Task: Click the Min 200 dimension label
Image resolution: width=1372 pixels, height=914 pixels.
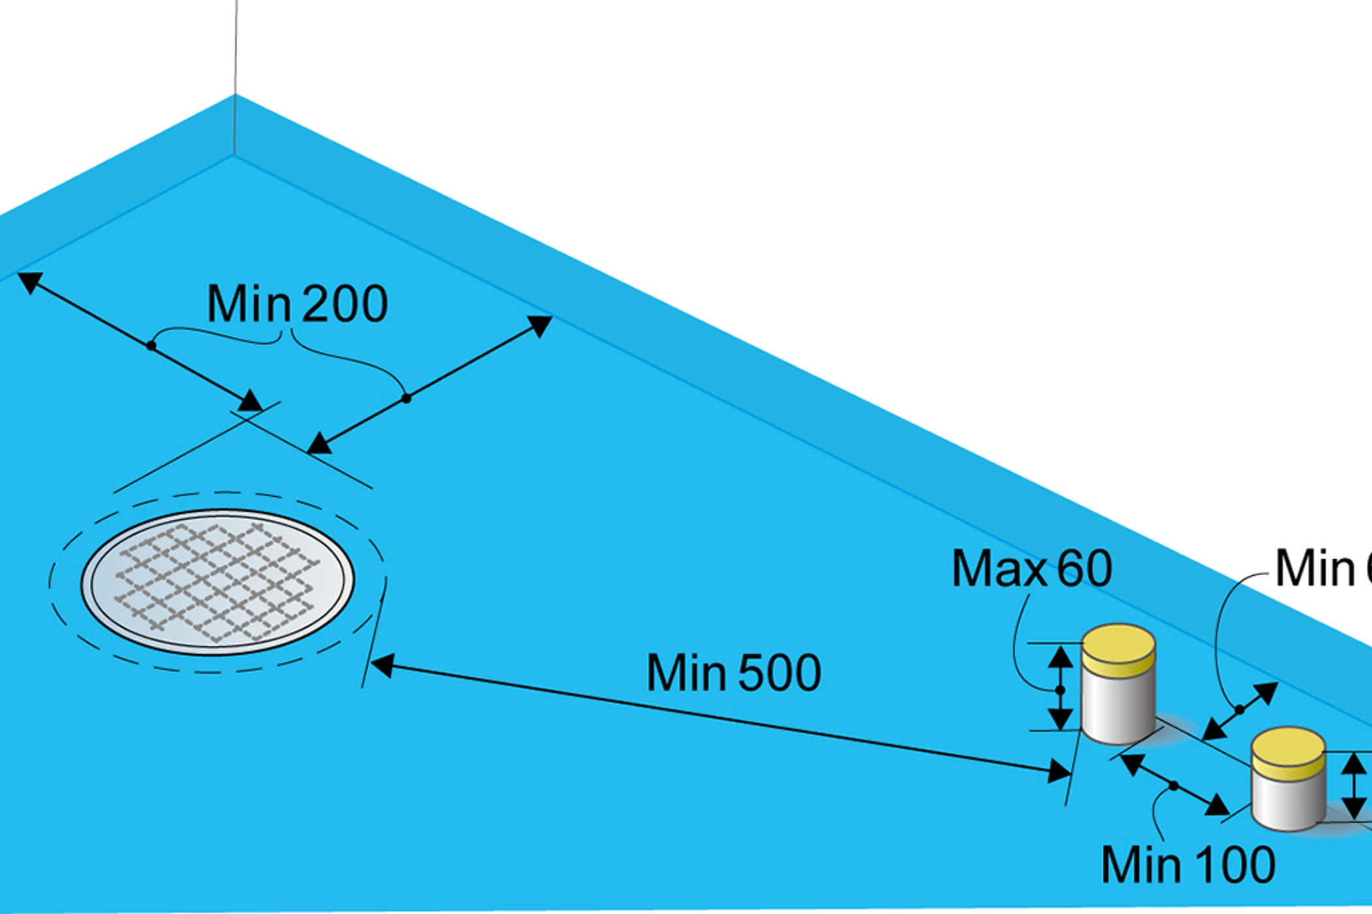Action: (x=297, y=304)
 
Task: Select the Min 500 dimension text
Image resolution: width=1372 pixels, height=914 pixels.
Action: (x=733, y=673)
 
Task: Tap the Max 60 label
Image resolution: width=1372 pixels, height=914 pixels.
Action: (x=1031, y=569)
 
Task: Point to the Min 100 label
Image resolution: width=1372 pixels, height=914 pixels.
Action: (x=1188, y=865)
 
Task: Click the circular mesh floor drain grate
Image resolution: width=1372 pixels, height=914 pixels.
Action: (x=218, y=581)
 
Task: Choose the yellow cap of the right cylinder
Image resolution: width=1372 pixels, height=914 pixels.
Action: (x=1288, y=751)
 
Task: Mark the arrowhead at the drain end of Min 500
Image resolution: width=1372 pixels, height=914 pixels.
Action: (x=382, y=665)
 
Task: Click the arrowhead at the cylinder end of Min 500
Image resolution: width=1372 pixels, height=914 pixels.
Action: (x=1058, y=773)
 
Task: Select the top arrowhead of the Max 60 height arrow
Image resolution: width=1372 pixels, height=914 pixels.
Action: (x=1060, y=655)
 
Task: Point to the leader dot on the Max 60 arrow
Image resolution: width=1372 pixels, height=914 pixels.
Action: (x=1060, y=690)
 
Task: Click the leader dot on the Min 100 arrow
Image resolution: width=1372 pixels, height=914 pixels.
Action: (x=1173, y=786)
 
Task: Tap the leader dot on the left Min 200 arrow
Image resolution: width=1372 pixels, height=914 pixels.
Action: (x=151, y=345)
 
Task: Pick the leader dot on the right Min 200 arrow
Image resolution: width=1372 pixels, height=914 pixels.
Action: (x=406, y=398)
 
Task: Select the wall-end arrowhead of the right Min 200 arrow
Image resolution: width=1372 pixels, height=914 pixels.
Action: (x=541, y=324)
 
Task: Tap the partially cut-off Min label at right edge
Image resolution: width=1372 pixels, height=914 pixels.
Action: (x=1323, y=569)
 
